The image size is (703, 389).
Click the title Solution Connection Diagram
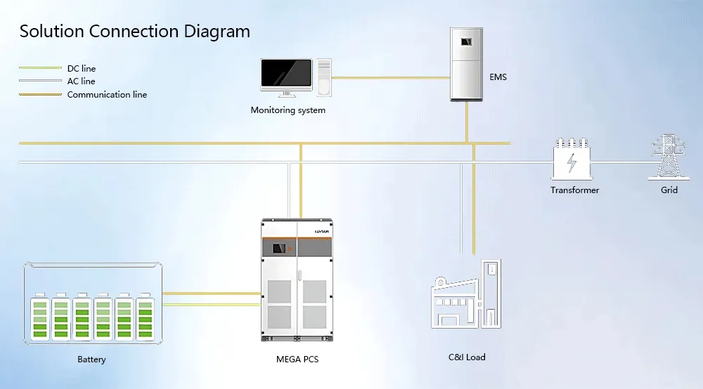(x=134, y=32)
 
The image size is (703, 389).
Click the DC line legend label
(x=82, y=69)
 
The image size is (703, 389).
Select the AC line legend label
(x=81, y=81)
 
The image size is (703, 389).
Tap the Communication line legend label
(x=107, y=94)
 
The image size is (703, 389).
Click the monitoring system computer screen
(x=286, y=73)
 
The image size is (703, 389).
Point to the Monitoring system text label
(x=288, y=110)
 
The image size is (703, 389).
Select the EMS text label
(x=497, y=77)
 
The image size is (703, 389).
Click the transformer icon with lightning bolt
(x=572, y=160)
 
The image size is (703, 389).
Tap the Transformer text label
(x=575, y=190)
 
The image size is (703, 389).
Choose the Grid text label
(x=669, y=190)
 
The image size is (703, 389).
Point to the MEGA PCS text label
(x=297, y=360)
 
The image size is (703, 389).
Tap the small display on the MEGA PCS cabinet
(x=281, y=248)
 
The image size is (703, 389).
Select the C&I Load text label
(x=467, y=357)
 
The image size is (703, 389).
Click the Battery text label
(x=91, y=360)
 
